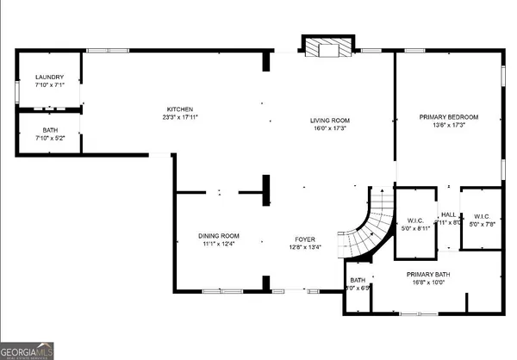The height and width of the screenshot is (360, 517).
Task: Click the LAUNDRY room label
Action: click(x=44, y=77)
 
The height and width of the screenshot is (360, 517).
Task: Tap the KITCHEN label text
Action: click(x=180, y=109)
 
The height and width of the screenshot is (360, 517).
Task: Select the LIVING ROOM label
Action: click(x=330, y=121)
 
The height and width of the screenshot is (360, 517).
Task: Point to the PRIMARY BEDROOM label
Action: click(x=448, y=117)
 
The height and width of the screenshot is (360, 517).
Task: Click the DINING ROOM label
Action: click(x=219, y=236)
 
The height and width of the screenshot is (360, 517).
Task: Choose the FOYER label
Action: click(x=305, y=239)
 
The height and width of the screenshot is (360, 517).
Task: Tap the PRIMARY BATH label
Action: click(x=429, y=274)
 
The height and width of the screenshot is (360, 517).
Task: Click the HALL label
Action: click(x=448, y=215)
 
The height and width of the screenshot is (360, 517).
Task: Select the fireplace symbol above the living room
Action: click(x=327, y=48)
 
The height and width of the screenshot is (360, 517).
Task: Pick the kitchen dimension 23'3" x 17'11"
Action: click(x=180, y=117)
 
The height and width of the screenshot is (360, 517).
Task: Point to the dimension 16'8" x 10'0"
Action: click(x=429, y=282)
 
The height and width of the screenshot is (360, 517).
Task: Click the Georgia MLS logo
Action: click(x=27, y=351)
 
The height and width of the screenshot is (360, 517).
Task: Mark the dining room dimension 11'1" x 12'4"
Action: click(x=219, y=245)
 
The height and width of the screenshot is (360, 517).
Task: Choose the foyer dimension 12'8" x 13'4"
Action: click(x=305, y=248)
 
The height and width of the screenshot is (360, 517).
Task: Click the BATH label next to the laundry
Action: click(x=44, y=130)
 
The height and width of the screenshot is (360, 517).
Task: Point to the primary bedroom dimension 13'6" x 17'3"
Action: click(x=448, y=126)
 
